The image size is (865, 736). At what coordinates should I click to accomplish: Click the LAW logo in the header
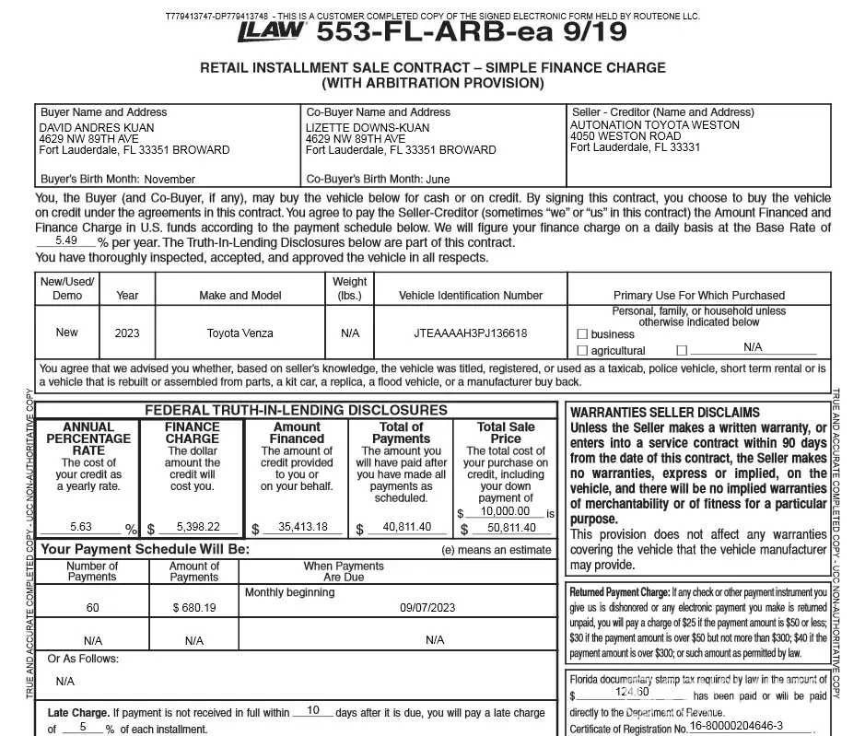(x=271, y=31)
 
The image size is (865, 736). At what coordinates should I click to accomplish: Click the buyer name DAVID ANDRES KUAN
(x=97, y=128)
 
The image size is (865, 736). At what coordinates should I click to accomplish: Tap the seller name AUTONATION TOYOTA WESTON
(x=655, y=125)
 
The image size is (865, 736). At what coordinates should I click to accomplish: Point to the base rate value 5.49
(x=65, y=240)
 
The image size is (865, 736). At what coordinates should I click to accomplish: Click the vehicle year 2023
(x=127, y=333)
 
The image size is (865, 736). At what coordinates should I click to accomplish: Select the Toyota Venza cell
(x=240, y=333)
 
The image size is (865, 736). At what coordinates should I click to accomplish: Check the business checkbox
(x=582, y=334)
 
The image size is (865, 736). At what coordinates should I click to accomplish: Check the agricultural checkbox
(x=582, y=351)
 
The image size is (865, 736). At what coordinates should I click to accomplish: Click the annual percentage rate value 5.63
(x=81, y=527)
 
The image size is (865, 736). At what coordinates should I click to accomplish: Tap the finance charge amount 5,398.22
(x=198, y=527)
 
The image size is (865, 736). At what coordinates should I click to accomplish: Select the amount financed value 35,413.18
(x=303, y=527)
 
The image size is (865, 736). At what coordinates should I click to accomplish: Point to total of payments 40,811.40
(x=407, y=527)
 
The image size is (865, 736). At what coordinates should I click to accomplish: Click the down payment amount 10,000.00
(x=505, y=511)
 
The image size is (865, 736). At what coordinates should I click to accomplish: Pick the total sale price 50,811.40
(x=510, y=528)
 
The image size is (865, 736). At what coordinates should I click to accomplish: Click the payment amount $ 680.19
(x=194, y=608)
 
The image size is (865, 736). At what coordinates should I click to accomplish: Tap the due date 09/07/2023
(x=427, y=608)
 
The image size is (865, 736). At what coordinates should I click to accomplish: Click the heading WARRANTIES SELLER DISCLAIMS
(x=665, y=413)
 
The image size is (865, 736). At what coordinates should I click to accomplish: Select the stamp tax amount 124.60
(x=632, y=692)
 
